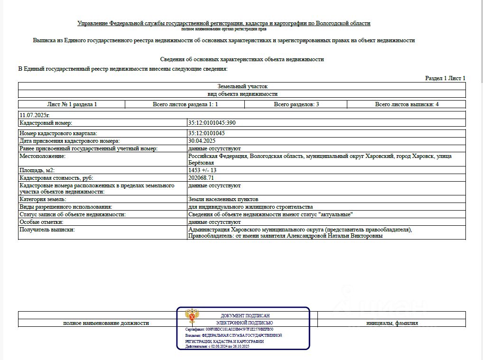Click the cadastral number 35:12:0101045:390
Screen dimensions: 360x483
212,123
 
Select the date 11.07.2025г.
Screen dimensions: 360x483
35,115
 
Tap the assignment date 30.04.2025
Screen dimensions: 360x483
202,141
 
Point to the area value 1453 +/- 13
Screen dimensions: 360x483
203,170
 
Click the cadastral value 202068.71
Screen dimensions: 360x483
201,177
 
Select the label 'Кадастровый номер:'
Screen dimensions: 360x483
46,123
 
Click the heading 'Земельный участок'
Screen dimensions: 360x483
242,86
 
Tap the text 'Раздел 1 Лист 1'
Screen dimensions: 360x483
445,78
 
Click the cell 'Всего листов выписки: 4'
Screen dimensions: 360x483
407,104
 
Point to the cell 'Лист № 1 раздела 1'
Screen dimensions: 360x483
72,104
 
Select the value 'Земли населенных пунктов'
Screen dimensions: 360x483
223,199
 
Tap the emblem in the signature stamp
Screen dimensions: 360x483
192,316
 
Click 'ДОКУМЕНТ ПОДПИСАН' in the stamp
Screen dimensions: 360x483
245,315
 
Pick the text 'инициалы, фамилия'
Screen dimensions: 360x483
392,323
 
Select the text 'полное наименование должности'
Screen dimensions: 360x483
106,323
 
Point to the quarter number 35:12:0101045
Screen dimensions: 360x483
206,133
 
